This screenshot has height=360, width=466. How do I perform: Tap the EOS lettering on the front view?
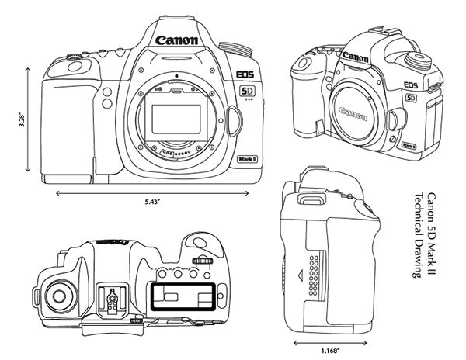click(246, 75)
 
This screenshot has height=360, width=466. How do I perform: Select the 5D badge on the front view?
click(246, 90)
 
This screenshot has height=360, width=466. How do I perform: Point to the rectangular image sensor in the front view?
click(178, 119)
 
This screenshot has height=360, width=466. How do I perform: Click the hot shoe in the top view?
click(114, 298)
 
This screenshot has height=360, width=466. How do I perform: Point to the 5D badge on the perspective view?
click(412, 98)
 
